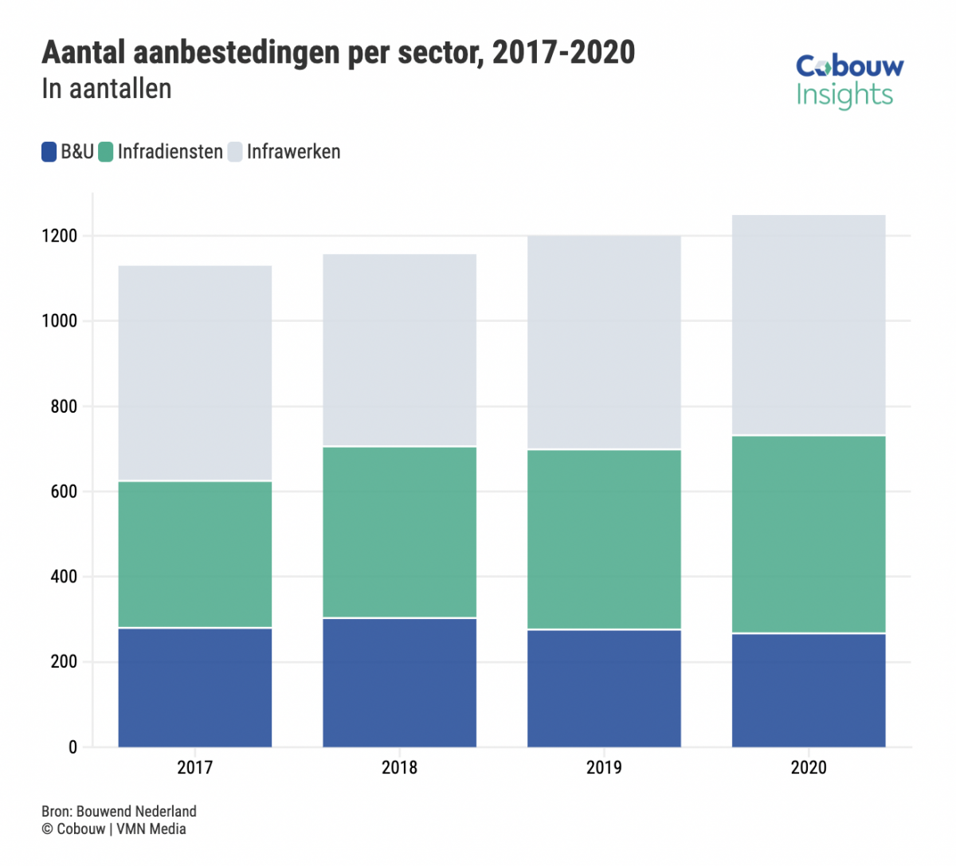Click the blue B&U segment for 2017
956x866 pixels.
click(195, 688)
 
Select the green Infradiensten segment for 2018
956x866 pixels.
click(399, 531)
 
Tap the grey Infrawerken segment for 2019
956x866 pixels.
click(604, 343)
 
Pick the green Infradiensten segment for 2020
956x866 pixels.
click(809, 534)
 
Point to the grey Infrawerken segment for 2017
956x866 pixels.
click(195, 373)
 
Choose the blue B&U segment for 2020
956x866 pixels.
click(809, 690)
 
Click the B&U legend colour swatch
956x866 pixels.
click(49, 152)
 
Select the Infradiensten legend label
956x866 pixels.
click(170, 151)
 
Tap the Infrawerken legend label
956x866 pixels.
click(293, 151)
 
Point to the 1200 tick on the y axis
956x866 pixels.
click(61, 237)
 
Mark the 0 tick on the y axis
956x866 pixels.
click(73, 747)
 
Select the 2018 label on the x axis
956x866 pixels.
click(399, 767)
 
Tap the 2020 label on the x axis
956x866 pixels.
click(809, 767)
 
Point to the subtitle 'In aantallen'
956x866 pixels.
click(107, 88)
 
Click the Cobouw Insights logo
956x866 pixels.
click(849, 80)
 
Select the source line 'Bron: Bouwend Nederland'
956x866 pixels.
click(119, 811)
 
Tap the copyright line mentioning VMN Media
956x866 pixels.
click(114, 829)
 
